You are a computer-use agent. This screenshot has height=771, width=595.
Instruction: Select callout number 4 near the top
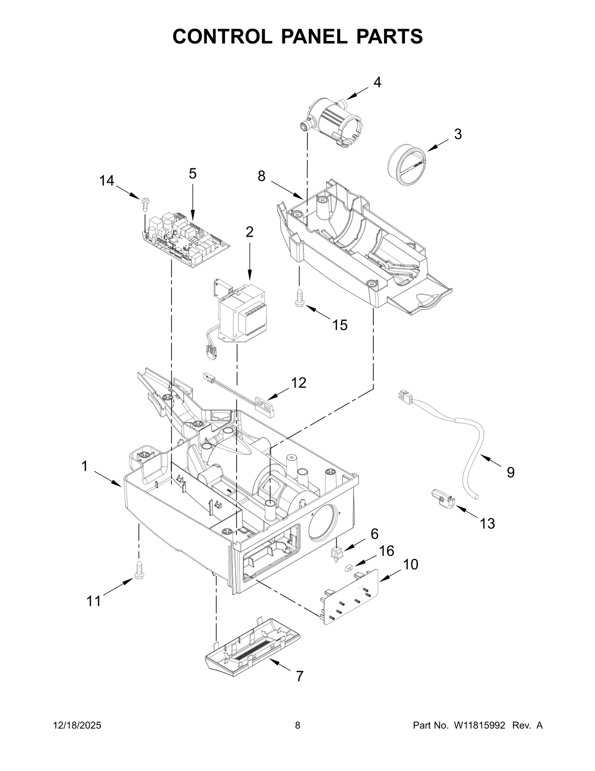pos(377,82)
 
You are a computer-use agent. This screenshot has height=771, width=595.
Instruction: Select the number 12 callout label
pos(299,382)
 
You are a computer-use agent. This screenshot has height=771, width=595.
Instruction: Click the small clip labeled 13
pos(443,499)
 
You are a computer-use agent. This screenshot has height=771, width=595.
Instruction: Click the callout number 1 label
pos(85,466)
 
